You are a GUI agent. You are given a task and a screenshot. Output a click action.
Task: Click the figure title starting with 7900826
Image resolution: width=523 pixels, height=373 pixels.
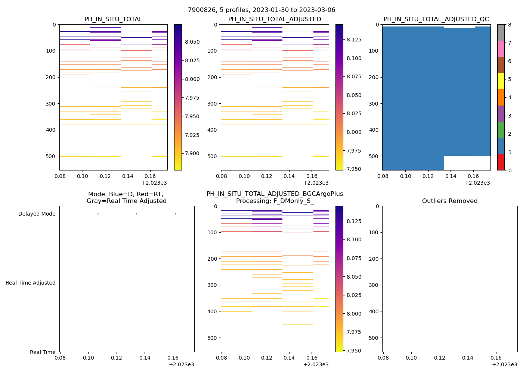(x=261, y=10)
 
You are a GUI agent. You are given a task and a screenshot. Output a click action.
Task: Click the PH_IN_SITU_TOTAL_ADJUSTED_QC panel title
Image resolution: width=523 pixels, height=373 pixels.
(x=436, y=19)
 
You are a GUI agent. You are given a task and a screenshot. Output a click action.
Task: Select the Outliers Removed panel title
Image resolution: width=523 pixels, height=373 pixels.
(x=449, y=201)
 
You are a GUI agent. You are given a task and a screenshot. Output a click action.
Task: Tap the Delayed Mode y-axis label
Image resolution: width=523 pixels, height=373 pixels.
(x=37, y=214)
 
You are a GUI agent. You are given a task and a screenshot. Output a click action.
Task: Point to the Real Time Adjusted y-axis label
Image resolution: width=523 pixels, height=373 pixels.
(x=31, y=283)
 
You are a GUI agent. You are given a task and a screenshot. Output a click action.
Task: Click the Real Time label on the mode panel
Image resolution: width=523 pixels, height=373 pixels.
(x=43, y=352)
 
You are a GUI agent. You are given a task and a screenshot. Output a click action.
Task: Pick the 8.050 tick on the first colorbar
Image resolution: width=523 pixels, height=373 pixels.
(x=192, y=42)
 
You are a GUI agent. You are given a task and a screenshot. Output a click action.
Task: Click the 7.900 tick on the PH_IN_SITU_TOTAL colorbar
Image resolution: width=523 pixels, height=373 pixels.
(x=192, y=153)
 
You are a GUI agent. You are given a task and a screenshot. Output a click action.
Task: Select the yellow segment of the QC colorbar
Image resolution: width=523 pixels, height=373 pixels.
(x=501, y=81)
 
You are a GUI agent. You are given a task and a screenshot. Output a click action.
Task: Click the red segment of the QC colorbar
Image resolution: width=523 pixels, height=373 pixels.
(x=501, y=162)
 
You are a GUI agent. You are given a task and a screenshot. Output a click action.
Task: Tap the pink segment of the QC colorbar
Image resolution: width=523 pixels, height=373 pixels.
(x=501, y=48)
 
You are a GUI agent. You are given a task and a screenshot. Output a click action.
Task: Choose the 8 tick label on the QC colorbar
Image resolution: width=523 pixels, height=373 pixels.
(x=510, y=25)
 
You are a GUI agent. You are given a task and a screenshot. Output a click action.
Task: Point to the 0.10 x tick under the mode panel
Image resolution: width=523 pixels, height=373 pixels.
(x=88, y=358)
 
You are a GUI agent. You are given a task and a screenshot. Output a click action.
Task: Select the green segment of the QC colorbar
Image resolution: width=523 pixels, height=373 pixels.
(x=501, y=129)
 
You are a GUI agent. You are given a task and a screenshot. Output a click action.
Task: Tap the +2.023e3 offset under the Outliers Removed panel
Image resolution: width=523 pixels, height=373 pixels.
(x=504, y=364)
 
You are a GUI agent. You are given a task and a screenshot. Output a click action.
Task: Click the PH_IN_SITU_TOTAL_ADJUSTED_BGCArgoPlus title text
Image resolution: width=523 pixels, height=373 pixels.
(x=275, y=194)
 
